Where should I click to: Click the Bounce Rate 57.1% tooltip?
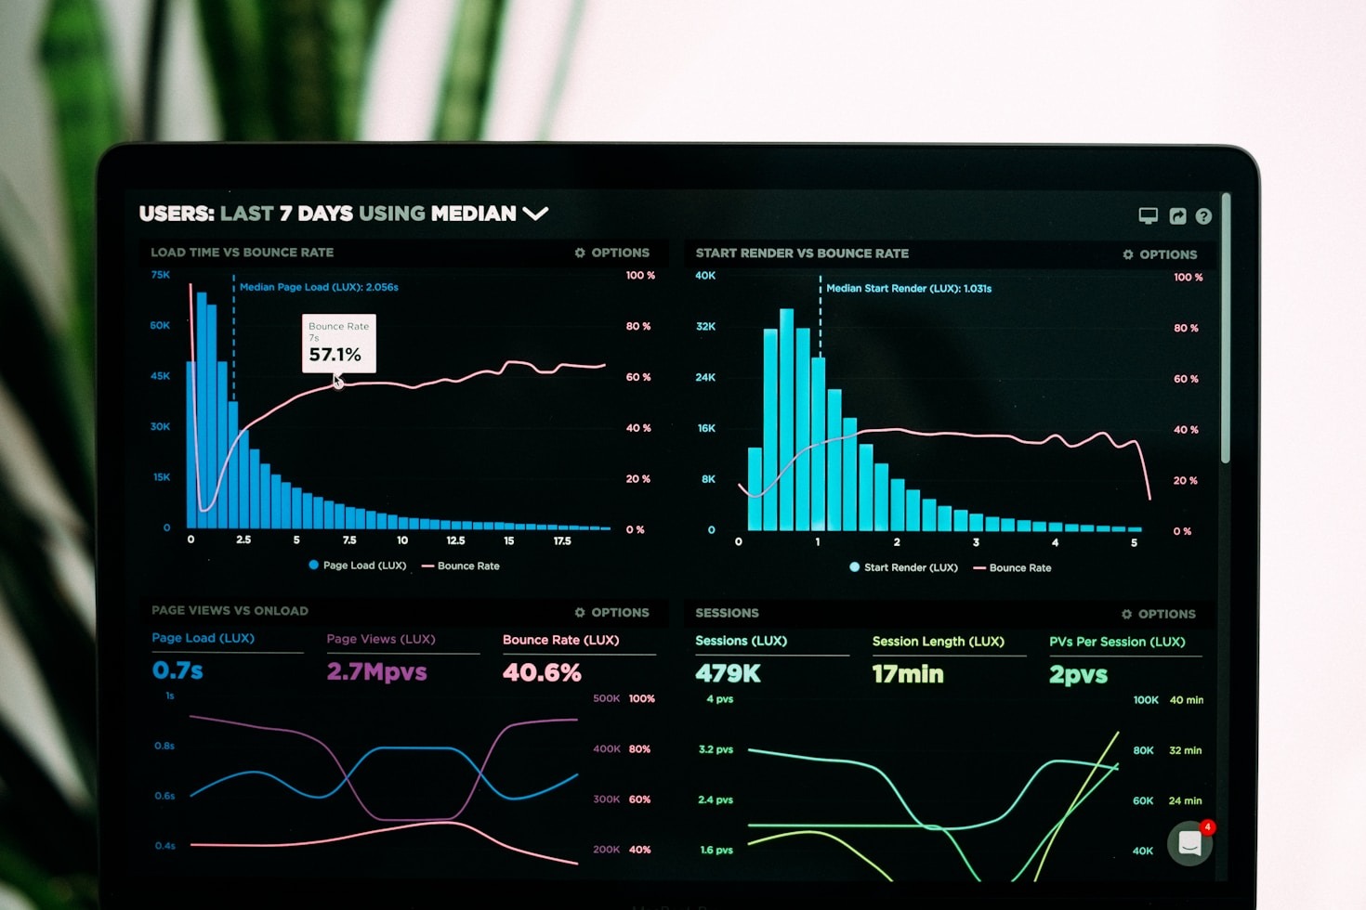point(338,344)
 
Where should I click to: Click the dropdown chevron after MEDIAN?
point(535,214)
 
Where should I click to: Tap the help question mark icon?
point(1203,216)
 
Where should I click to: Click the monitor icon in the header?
point(1149,215)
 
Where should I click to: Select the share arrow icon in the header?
point(1177,216)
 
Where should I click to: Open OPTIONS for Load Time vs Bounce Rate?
point(612,253)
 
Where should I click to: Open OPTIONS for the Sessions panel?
point(1159,614)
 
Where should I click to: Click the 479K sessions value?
point(728,673)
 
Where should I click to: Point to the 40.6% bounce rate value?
point(542,672)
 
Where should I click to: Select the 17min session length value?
point(907,674)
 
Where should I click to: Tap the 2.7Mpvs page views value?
point(376,671)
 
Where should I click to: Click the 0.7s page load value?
point(177,670)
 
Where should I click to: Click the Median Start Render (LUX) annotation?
point(908,289)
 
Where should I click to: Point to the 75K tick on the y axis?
point(161,275)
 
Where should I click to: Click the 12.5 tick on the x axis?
point(455,540)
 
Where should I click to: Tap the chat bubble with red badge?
point(1190,843)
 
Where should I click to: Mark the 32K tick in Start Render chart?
point(706,327)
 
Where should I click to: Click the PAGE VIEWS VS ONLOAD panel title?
point(230,611)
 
